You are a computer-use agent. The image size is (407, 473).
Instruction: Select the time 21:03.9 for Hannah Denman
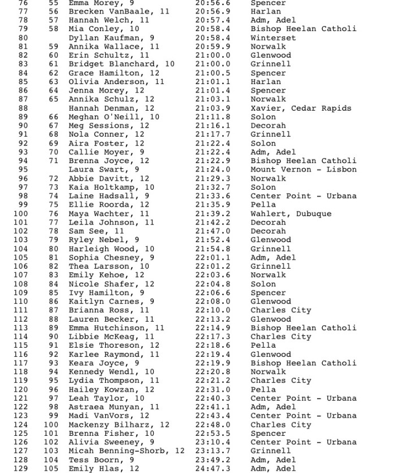[x=213, y=108]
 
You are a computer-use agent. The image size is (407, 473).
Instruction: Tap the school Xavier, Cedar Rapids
[x=301, y=108]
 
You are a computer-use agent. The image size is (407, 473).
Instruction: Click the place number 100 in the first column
[x=20, y=214]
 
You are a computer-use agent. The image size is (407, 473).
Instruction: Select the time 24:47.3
[x=213, y=468]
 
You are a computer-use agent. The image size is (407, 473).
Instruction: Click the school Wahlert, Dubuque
[x=291, y=214]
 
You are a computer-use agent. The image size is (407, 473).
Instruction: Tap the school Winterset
[x=273, y=38]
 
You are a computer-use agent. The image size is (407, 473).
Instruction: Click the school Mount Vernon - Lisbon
[x=304, y=170]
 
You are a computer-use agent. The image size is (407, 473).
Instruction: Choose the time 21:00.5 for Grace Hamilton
[x=213, y=73]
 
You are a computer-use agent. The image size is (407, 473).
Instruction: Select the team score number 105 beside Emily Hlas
[x=51, y=468]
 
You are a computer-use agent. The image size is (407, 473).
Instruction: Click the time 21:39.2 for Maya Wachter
[x=213, y=214]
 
